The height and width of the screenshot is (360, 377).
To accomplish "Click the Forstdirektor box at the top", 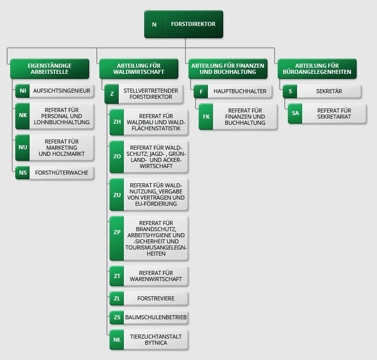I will tap(193, 24).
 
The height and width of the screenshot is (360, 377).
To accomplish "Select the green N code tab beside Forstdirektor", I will tap(154, 24).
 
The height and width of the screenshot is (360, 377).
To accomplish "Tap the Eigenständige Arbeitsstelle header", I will tap(49, 69).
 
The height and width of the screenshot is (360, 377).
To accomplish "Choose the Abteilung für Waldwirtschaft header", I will tap(139, 69).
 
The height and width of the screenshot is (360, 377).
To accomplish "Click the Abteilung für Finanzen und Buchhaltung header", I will tap(228, 69).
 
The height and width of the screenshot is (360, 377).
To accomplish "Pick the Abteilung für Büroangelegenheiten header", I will tap(317, 69).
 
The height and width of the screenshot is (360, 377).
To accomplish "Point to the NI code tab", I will tap(23, 91).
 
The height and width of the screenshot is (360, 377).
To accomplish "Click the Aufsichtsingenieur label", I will tap(62, 91).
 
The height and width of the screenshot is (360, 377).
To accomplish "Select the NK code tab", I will tap(23, 116).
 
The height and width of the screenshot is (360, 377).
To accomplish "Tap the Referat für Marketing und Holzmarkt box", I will tap(62, 147).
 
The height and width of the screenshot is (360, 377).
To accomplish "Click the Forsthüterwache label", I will tap(62, 173).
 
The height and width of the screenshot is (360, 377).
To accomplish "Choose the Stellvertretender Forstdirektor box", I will tap(150, 94).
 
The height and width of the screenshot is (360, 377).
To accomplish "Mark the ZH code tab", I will tap(117, 122).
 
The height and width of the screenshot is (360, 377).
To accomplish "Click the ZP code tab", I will tap(117, 232).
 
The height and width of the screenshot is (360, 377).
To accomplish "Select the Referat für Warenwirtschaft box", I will tap(155, 276).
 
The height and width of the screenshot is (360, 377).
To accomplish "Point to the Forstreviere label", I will tap(155, 298).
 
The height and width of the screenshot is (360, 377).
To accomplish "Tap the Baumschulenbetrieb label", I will tap(156, 317).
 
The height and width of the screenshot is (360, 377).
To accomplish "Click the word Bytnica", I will tap(155, 343).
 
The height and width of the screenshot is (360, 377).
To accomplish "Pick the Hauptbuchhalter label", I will tap(240, 91).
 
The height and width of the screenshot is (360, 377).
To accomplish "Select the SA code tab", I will tap(295, 114).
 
